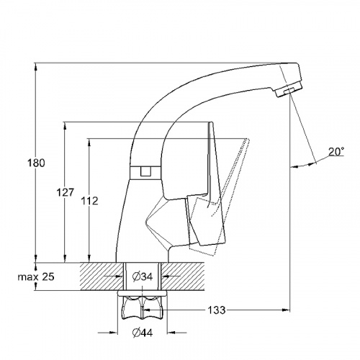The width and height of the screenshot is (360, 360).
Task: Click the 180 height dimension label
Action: coord(36,163)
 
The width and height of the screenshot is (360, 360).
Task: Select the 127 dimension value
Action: coord(66,192)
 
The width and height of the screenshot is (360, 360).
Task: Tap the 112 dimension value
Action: coord(89,201)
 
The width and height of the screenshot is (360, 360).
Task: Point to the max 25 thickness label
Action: coord(36,277)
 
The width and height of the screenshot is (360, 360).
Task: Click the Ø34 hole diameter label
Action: coord(143,277)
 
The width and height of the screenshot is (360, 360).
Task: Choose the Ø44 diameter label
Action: coord(143,333)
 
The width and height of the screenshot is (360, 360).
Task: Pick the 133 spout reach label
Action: coord(217,310)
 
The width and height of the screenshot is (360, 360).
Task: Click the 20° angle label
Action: coord(336,152)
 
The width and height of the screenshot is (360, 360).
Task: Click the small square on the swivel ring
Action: coord(145,171)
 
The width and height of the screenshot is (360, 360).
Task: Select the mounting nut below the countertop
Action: coord(143,308)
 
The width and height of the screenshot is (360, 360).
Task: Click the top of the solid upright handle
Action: coord(211,123)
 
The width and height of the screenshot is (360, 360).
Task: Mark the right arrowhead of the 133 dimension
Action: coord(285,310)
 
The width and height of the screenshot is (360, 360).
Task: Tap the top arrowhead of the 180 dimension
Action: coord(35,67)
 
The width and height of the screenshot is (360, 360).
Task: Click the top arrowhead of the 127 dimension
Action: coord(65,127)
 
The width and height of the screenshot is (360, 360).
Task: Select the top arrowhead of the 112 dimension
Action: coord(89,143)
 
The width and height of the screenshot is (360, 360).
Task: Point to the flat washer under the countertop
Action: coord(143,293)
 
